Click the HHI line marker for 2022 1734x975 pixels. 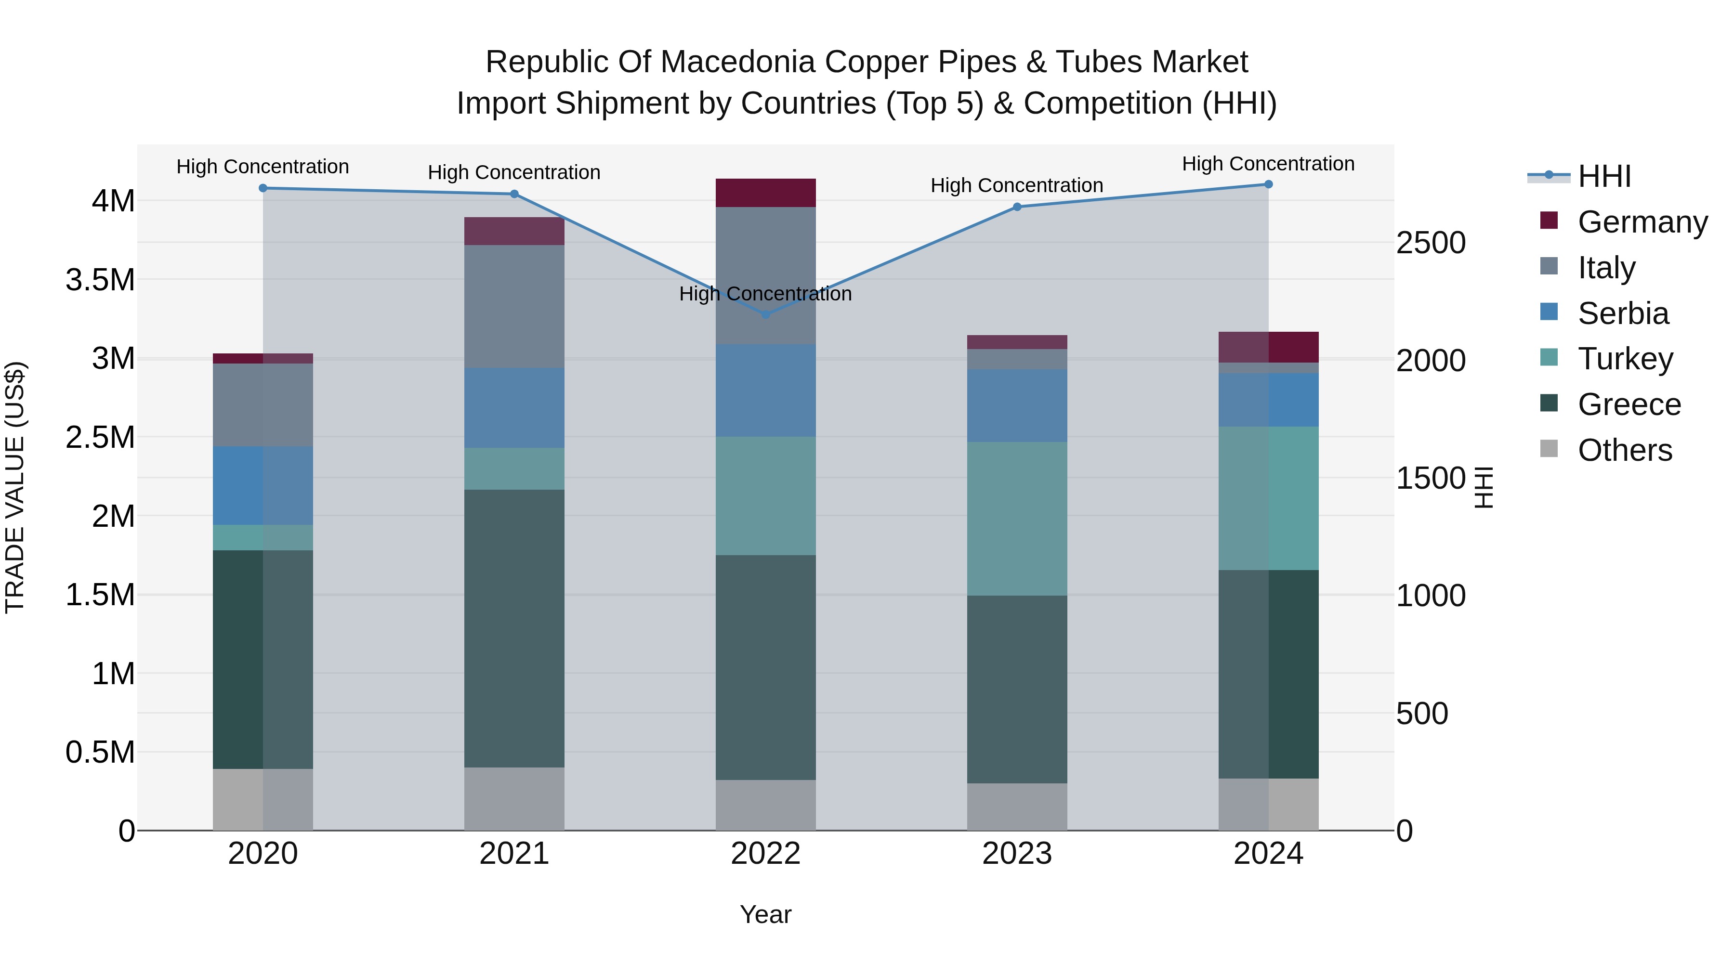coord(765,314)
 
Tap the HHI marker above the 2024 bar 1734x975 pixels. coord(1268,184)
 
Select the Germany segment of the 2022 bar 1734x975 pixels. coord(765,193)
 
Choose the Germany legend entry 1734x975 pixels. coord(1642,222)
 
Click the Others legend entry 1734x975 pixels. coord(1624,450)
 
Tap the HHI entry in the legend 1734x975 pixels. coord(1604,176)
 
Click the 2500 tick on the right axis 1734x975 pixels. coord(1431,243)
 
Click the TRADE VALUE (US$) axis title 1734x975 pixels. coord(15,487)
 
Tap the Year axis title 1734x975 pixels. coord(765,914)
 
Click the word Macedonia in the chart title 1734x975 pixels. coord(740,62)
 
